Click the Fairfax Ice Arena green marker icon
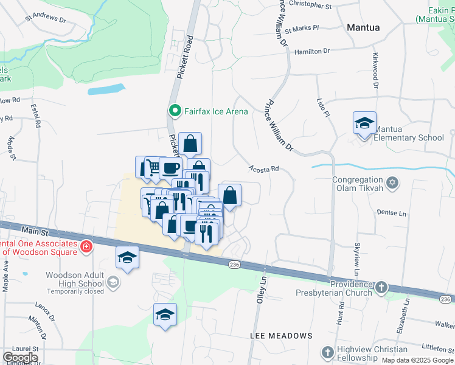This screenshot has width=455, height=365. [x=175, y=111]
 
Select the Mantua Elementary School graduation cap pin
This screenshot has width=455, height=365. [x=364, y=123]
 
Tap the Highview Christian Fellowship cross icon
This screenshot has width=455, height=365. [x=328, y=352]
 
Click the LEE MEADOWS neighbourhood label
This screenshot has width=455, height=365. [x=281, y=336]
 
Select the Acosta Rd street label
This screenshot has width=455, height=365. [x=263, y=169]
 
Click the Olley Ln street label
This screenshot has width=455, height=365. [x=262, y=289]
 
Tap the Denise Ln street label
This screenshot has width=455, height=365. [x=391, y=213]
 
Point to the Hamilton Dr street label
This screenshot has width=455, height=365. [x=311, y=52]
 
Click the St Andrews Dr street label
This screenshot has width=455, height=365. [x=46, y=19]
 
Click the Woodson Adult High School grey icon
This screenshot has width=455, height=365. [x=113, y=282]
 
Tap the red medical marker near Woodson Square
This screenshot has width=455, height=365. [x=87, y=246]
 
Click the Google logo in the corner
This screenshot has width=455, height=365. [x=20, y=358]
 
